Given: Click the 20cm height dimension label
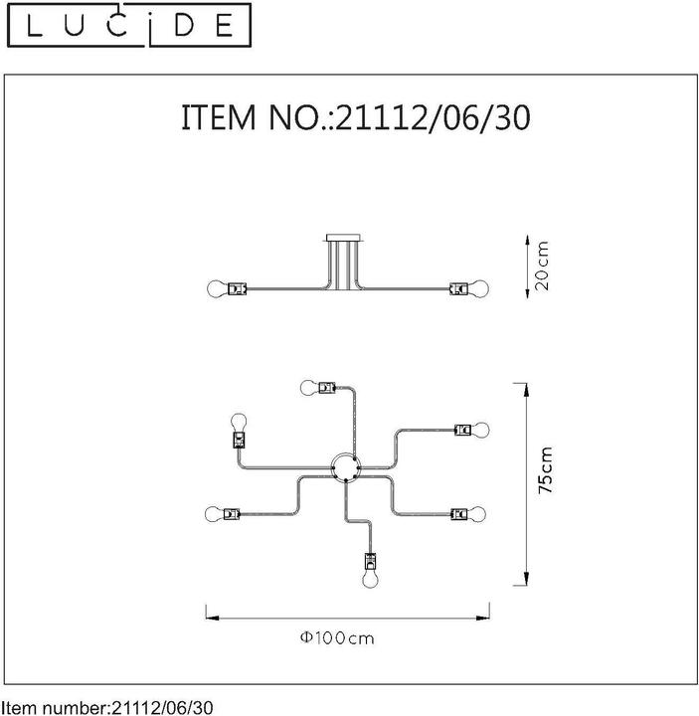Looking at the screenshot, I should [x=543, y=267].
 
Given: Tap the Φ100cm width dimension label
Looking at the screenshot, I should [x=338, y=638].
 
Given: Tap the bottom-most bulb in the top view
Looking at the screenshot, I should [x=369, y=579].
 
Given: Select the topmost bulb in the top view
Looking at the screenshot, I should [x=307, y=386].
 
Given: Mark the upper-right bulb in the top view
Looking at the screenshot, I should [x=482, y=430].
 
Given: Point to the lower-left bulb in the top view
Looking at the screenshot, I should [x=212, y=514].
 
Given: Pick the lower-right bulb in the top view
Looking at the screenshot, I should [x=482, y=514].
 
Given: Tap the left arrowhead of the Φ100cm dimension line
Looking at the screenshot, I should [x=208, y=617].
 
